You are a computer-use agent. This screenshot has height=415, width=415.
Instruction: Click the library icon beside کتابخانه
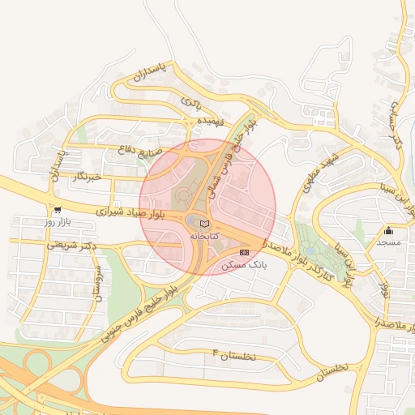coord(204,223)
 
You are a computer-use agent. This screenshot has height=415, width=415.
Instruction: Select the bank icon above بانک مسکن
coord(245,254)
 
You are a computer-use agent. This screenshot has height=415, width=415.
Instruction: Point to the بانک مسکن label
coord(247,265)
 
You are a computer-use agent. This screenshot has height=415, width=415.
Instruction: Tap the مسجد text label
coord(387,242)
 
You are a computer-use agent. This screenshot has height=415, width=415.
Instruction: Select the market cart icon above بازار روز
coord(56,209)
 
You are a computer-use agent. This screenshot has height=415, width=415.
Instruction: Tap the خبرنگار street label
coord(84,176)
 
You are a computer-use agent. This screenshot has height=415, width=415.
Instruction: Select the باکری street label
coord(190,103)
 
